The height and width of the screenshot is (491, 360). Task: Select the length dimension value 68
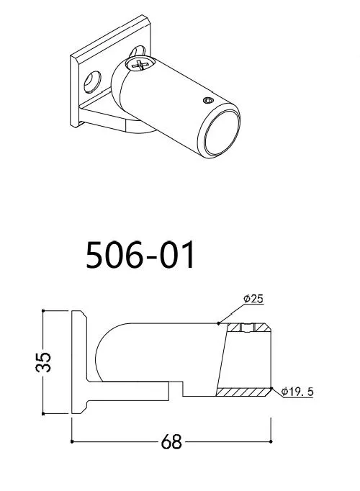tap(171, 441)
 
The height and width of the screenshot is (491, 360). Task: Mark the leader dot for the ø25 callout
tap(218, 324)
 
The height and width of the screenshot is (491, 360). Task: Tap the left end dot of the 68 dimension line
tap(71, 441)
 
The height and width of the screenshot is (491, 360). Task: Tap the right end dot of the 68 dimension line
tap(271, 441)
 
